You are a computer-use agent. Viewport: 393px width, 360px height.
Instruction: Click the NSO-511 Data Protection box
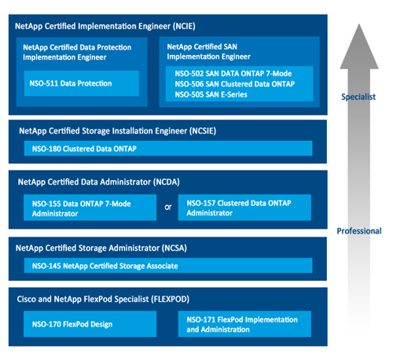[81, 83]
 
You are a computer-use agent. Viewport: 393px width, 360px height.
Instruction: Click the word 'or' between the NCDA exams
[167, 208]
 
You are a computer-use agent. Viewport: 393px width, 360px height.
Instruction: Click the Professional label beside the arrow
[359, 231]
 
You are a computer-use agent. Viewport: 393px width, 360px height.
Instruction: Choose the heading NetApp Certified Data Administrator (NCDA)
[98, 182]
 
